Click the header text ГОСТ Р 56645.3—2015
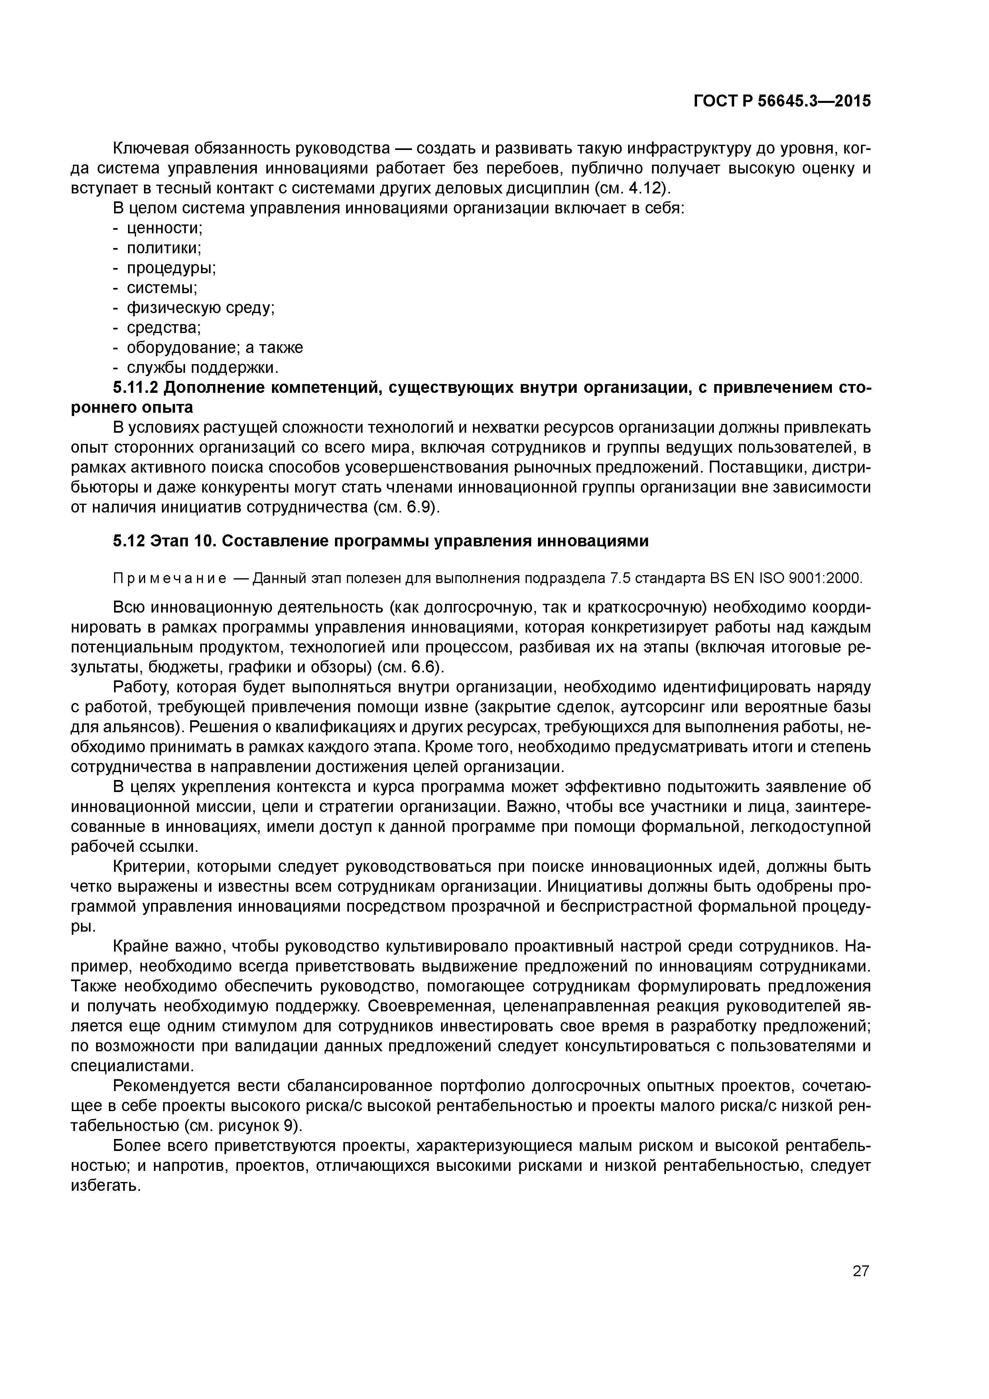[782, 102]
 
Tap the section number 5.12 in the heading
[128, 541]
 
